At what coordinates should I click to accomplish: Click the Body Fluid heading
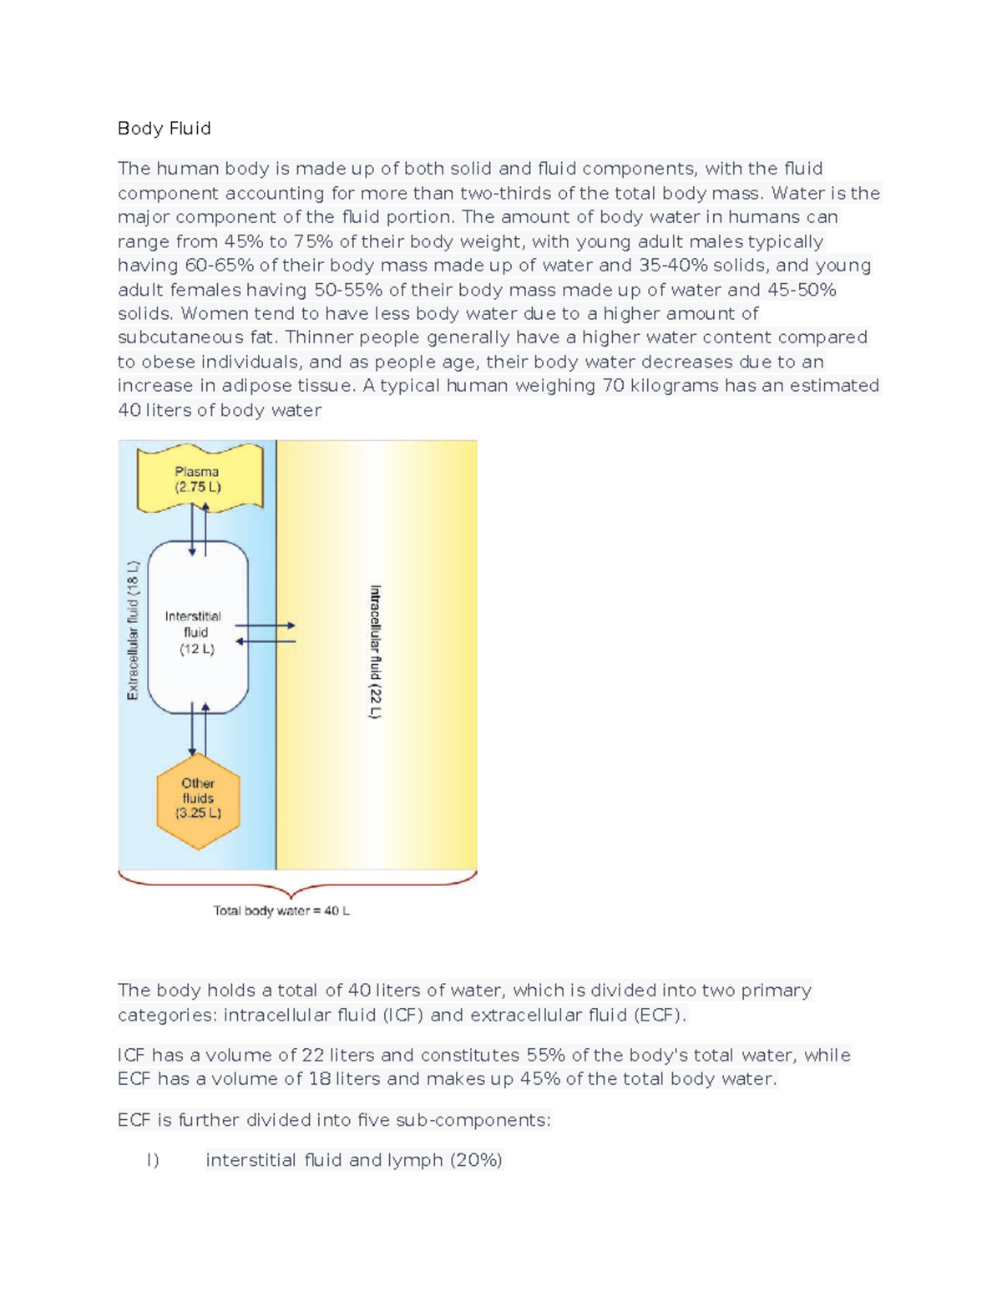tap(164, 129)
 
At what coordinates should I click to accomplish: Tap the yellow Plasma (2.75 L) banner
tap(199, 479)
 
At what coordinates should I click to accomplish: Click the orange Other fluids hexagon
tap(198, 799)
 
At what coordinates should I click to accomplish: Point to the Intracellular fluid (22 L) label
tap(376, 651)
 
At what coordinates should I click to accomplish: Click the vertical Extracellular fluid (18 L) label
tap(133, 631)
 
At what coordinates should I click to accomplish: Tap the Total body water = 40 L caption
tap(281, 910)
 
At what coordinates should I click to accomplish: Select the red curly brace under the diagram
tap(297, 884)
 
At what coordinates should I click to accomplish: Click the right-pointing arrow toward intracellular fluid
tap(266, 625)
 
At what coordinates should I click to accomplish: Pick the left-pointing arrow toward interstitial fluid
tap(266, 641)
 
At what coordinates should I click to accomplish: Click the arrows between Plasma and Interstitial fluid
tap(199, 529)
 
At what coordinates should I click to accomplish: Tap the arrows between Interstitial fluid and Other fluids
tap(199, 728)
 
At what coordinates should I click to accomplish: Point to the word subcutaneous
tap(180, 337)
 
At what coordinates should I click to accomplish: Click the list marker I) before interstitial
tap(152, 1160)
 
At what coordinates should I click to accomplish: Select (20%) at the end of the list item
tap(476, 1160)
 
